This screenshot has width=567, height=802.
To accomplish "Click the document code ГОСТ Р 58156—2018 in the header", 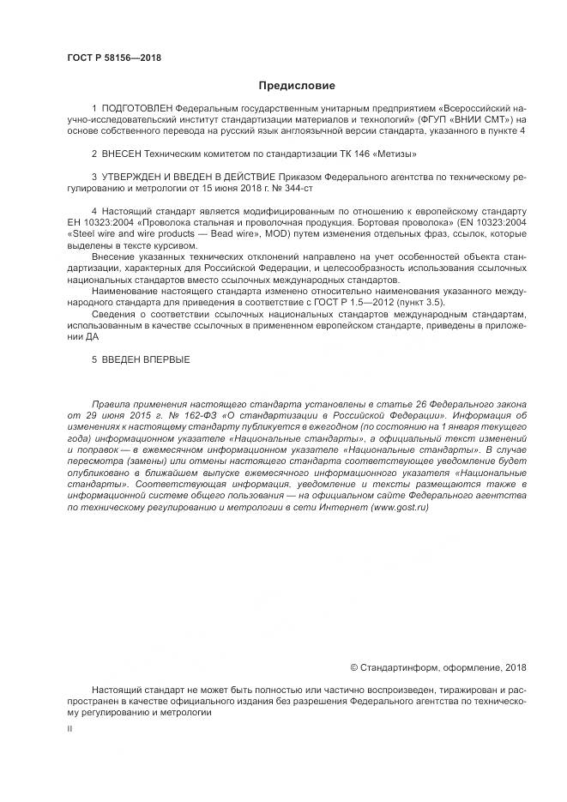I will coord(114,58).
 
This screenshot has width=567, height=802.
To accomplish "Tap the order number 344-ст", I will coord(299,187).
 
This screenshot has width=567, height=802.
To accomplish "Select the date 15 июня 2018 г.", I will coord(242,187).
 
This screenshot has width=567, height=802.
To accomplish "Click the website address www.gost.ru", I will coord(398,507).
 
